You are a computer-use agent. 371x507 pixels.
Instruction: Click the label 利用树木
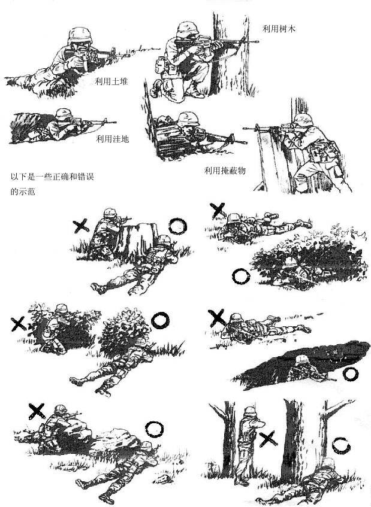click(280, 28)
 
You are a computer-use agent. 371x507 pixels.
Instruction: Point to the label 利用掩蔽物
click(225, 171)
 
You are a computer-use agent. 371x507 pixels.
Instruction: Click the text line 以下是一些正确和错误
click(53, 177)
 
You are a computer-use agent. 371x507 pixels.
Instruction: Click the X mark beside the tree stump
click(81, 226)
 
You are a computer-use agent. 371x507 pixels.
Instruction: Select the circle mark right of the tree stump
click(177, 226)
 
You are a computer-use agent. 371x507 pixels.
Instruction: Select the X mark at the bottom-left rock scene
click(37, 410)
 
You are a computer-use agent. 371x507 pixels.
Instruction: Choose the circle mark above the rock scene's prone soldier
click(154, 429)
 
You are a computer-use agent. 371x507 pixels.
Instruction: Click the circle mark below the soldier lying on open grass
click(241, 276)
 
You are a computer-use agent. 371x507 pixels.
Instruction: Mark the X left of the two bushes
click(19, 324)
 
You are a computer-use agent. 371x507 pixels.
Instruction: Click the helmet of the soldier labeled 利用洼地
click(62, 114)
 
